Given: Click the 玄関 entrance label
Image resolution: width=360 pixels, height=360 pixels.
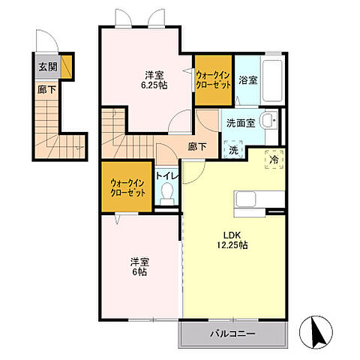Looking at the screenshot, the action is coord(48,67).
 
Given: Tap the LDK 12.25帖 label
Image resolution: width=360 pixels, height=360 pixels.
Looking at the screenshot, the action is coord(232,240).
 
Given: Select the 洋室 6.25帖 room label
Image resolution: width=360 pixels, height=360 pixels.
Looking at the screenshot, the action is coord(154,80).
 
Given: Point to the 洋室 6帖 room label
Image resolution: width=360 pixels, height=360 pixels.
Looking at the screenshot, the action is coord(139,267).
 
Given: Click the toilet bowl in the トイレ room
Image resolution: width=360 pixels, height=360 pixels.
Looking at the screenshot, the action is coord(166,193).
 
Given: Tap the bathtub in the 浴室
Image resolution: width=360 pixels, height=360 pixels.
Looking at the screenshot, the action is coord(272,79).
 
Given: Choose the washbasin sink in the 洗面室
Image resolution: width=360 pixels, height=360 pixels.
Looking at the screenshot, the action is coord(268,121).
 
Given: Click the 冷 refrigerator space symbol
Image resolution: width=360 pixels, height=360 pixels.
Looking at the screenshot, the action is coord(274,160).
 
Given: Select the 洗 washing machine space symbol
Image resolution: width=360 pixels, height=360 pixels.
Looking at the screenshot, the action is coord(233,149).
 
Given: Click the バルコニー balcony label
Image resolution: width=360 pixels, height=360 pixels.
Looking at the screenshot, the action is coord(232,334).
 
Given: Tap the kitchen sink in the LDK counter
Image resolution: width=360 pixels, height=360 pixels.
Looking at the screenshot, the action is coord(246,199).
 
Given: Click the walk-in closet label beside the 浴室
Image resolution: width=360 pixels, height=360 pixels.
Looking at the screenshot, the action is coord(213,80).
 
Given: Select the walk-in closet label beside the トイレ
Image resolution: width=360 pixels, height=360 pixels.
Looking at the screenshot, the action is coord(127,188).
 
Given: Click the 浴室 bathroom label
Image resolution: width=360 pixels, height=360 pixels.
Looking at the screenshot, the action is coord(247,80).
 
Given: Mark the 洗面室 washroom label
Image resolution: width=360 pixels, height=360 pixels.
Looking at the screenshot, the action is coord(241,123).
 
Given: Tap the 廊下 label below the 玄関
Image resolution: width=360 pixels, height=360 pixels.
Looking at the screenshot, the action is coord(46,89).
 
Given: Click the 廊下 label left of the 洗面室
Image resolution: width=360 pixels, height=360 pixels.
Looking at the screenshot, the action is coord(197,146).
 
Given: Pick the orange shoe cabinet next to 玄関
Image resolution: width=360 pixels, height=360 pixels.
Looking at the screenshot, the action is coord(67,67).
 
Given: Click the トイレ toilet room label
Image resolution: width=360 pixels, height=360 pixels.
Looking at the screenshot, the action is coord(167,176).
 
